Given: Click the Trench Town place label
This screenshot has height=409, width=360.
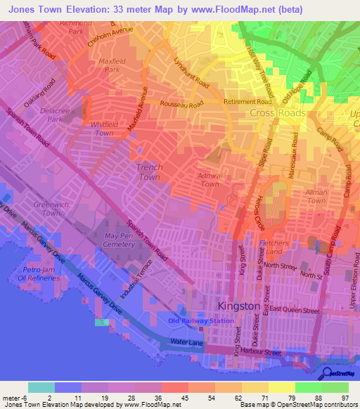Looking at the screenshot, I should tap(149, 171).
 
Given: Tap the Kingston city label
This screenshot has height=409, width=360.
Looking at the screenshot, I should tap(239, 306).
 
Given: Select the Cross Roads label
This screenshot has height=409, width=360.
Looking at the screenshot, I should tap(278, 113).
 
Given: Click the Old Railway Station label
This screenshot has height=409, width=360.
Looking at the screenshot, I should tap(200, 320).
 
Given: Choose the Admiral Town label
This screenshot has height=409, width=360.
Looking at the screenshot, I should tap(210, 179).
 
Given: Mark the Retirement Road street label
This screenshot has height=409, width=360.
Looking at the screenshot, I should tap(247, 101).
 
